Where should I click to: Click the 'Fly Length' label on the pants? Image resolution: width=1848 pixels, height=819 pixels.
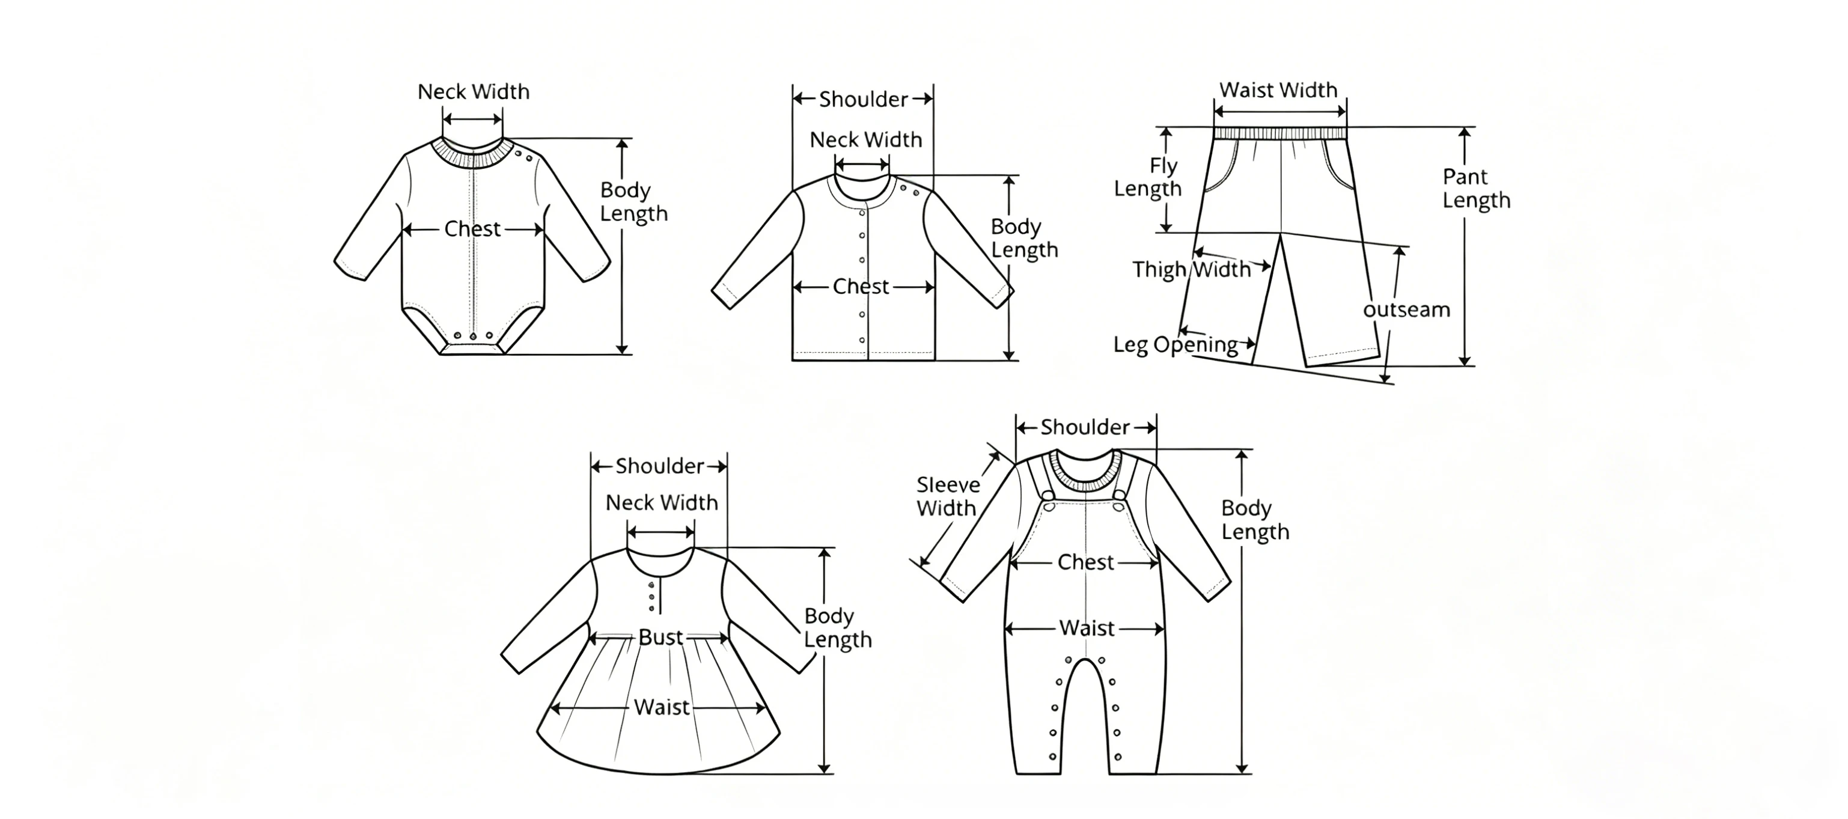pyautogui.click(x=1148, y=177)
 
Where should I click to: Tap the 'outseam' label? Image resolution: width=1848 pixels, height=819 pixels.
pyautogui.click(x=1406, y=310)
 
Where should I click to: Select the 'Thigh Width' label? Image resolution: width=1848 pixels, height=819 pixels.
pyautogui.click(x=1192, y=270)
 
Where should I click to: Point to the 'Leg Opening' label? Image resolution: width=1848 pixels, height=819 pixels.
pyautogui.click(x=1176, y=345)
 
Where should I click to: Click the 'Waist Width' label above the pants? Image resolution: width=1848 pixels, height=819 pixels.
pyautogui.click(x=1278, y=90)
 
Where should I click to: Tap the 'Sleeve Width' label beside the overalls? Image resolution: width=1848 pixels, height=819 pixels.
pyautogui.click(x=948, y=496)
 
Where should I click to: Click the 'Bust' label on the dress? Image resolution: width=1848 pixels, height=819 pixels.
pyautogui.click(x=660, y=637)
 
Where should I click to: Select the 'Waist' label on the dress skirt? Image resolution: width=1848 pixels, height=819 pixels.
pyautogui.click(x=662, y=707)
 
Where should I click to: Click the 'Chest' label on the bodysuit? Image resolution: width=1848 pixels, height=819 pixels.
pyautogui.click(x=472, y=229)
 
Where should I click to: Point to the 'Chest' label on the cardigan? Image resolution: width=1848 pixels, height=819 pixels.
pyautogui.click(x=861, y=287)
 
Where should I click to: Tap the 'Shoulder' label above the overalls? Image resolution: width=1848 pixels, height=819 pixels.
pyautogui.click(x=1085, y=427)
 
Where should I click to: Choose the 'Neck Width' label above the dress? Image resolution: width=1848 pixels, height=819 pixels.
pyautogui.click(x=662, y=503)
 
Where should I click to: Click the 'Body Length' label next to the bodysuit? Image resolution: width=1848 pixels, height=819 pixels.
pyautogui.click(x=633, y=201)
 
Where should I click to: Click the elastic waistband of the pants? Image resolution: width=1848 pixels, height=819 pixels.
pyautogui.click(x=1281, y=133)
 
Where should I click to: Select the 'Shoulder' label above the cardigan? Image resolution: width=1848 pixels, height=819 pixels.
pyautogui.click(x=864, y=99)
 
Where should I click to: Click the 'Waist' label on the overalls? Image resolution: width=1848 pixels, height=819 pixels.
pyautogui.click(x=1087, y=629)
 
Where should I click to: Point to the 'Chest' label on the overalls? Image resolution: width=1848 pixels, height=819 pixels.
pyautogui.click(x=1085, y=562)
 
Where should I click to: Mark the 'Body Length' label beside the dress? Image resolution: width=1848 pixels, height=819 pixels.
pyautogui.click(x=837, y=627)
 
